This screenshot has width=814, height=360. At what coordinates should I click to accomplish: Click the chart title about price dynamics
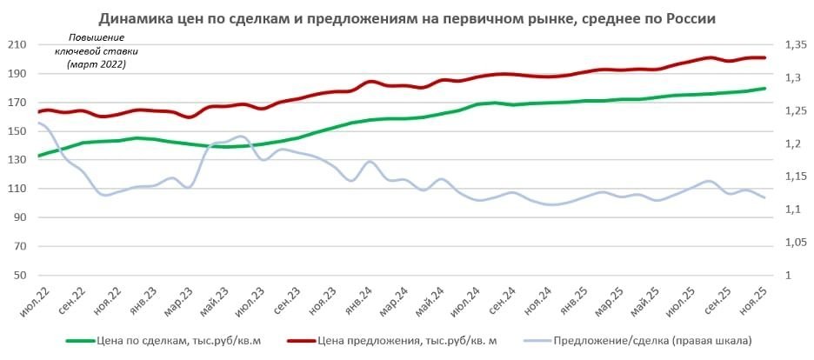coord(406,18)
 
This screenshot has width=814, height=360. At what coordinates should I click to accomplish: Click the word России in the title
coord(689,18)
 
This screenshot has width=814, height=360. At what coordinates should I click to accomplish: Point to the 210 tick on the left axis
coord(17,44)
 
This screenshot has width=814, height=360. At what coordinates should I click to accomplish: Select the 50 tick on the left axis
coord(20,276)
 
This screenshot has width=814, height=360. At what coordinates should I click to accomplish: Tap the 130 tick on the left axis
coord(17,160)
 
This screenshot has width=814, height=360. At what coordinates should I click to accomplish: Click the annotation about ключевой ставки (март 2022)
coord(96,50)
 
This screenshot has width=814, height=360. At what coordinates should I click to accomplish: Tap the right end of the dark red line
coord(764,58)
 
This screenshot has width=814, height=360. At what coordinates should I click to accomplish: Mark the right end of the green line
coord(764,89)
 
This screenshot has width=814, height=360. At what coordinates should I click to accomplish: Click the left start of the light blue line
coord(38,123)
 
